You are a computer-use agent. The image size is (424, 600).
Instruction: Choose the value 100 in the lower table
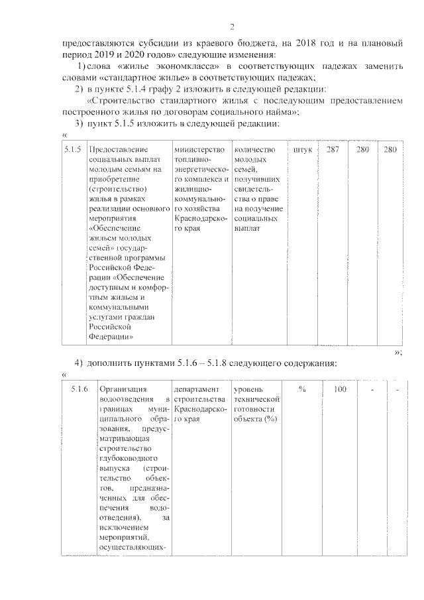339,389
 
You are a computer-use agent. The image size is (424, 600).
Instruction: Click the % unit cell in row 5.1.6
301,389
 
